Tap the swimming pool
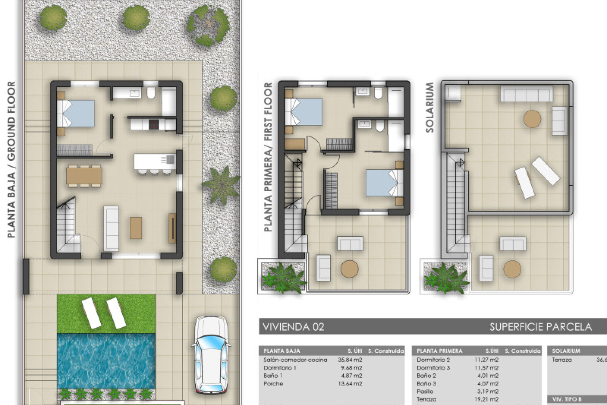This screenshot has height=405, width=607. (106, 361)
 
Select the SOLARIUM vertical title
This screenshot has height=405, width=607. (430, 108)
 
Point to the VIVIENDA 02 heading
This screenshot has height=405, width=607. (293, 327)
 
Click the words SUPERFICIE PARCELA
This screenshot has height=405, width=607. (540, 327)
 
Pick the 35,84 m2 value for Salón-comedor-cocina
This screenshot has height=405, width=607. (350, 360)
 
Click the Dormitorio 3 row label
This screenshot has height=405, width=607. (433, 368)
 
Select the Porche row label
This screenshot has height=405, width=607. (273, 383)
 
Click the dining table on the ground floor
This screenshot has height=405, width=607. (84, 176)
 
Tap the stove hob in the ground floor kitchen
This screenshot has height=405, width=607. (154, 124)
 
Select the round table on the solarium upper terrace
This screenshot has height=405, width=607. (532, 119)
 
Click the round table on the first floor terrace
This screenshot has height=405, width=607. (349, 269)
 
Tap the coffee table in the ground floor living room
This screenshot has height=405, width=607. (136, 228)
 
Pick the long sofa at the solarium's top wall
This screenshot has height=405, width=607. (526, 94)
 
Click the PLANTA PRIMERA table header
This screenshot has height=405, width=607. (439, 351)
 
